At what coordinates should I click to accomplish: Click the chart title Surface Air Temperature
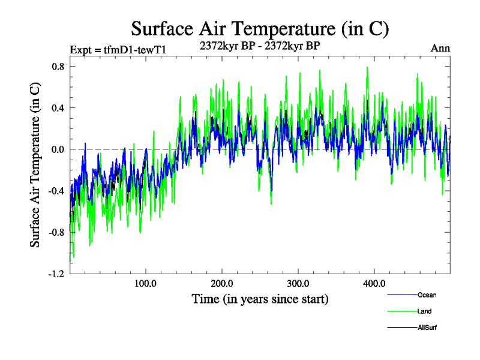260,28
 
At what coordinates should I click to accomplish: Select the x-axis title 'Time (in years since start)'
260,298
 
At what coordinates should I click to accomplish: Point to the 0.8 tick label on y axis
58,67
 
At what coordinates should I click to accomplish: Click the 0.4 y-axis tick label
58,108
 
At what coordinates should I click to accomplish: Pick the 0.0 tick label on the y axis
58,149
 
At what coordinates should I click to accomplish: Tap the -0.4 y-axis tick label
56,191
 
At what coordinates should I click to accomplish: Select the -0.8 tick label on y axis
56,232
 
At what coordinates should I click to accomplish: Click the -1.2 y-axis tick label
56,274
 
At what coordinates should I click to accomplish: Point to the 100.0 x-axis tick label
146,283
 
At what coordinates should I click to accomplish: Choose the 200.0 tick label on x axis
222,283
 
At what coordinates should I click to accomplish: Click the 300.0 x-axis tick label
298,283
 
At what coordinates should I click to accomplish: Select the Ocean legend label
427,295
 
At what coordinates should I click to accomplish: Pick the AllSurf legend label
428,328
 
